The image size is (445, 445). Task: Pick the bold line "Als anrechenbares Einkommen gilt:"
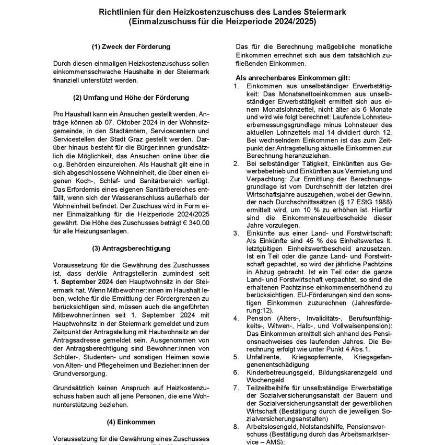293,77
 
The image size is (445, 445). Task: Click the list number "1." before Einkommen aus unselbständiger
236,86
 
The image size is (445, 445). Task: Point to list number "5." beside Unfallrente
236,356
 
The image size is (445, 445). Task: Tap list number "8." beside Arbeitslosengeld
236,426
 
